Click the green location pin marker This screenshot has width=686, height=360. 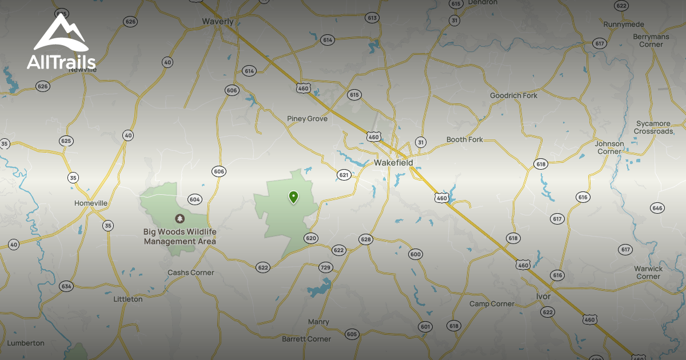tap(293, 197)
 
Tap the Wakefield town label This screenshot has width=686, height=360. tap(393, 163)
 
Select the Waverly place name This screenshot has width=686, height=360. tap(218, 22)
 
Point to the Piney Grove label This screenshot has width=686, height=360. tap(307, 119)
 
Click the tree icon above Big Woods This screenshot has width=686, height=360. tap(180, 219)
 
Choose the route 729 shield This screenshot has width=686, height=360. tap(325, 267)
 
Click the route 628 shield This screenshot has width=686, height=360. tap(366, 239)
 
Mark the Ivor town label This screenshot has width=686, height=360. tap(543, 297)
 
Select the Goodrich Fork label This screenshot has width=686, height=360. tap(513, 95)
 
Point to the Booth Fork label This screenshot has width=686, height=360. tap(464, 139)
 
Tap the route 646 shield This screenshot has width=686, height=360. tap(657, 208)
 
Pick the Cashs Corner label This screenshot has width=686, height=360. tap(190, 273)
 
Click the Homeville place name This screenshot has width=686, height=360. tap(91, 203)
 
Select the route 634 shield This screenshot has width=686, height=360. tap(66, 286)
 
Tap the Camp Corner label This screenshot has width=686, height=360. tap(492, 304)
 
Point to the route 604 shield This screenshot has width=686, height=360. tap(194, 199)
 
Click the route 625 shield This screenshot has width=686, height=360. tap(66, 141)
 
